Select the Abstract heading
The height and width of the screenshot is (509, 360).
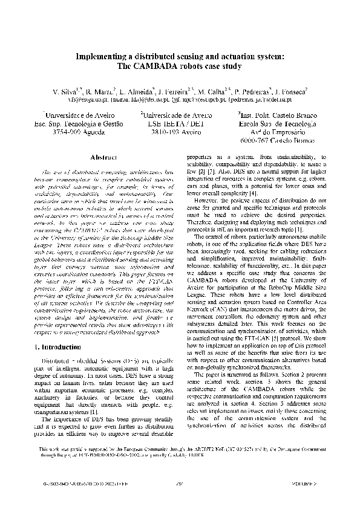(x=102, y=157)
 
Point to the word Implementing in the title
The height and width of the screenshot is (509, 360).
(x=101, y=56)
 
